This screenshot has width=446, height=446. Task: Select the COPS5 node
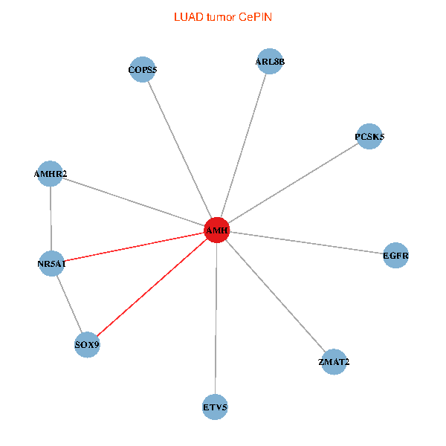click(x=142, y=70)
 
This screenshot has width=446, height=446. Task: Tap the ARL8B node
click(x=269, y=62)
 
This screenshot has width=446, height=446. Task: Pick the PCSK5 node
click(x=369, y=137)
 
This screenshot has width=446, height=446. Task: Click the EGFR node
click(x=395, y=256)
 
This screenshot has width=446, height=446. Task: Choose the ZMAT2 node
click(x=333, y=362)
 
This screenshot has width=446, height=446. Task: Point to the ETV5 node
click(x=215, y=407)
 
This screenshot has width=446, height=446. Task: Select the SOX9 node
click(x=87, y=345)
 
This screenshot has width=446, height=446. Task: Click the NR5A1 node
click(x=51, y=263)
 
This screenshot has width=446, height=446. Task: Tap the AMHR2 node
click(x=50, y=174)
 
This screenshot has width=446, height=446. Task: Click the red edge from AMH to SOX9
click(x=152, y=288)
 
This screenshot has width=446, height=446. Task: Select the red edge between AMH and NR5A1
click(x=134, y=247)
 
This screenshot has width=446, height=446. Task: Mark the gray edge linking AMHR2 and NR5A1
click(x=51, y=219)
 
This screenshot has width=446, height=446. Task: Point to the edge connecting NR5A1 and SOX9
click(x=69, y=304)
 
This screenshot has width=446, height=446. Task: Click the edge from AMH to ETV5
click(x=216, y=320)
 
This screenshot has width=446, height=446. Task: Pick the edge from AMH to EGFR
click(x=306, y=243)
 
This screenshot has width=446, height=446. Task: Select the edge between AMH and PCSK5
click(x=293, y=184)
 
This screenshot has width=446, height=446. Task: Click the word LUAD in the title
click(x=186, y=16)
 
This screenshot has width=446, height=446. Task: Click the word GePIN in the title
click(x=254, y=16)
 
